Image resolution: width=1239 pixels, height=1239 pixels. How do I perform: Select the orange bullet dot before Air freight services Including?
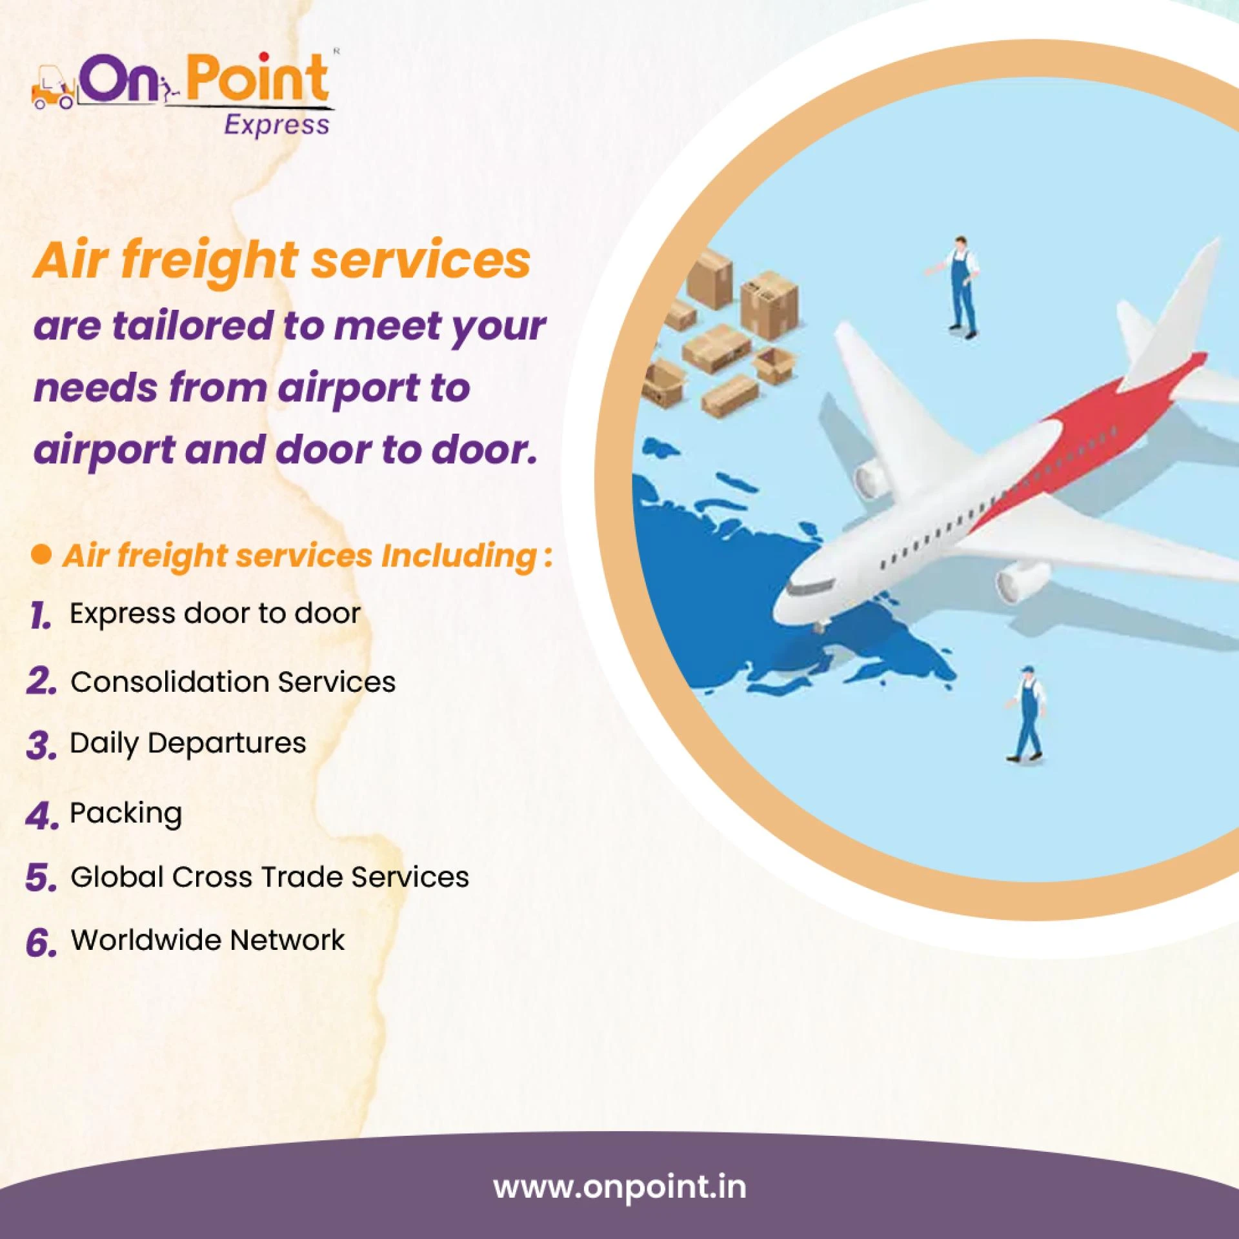coord(41,554)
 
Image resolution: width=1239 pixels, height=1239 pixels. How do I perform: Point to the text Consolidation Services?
coord(233,681)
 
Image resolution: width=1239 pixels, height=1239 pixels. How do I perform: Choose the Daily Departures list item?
coord(188,743)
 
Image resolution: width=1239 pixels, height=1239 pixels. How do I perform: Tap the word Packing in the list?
coord(126,813)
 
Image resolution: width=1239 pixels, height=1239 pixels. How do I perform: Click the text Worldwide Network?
coord(208,940)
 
